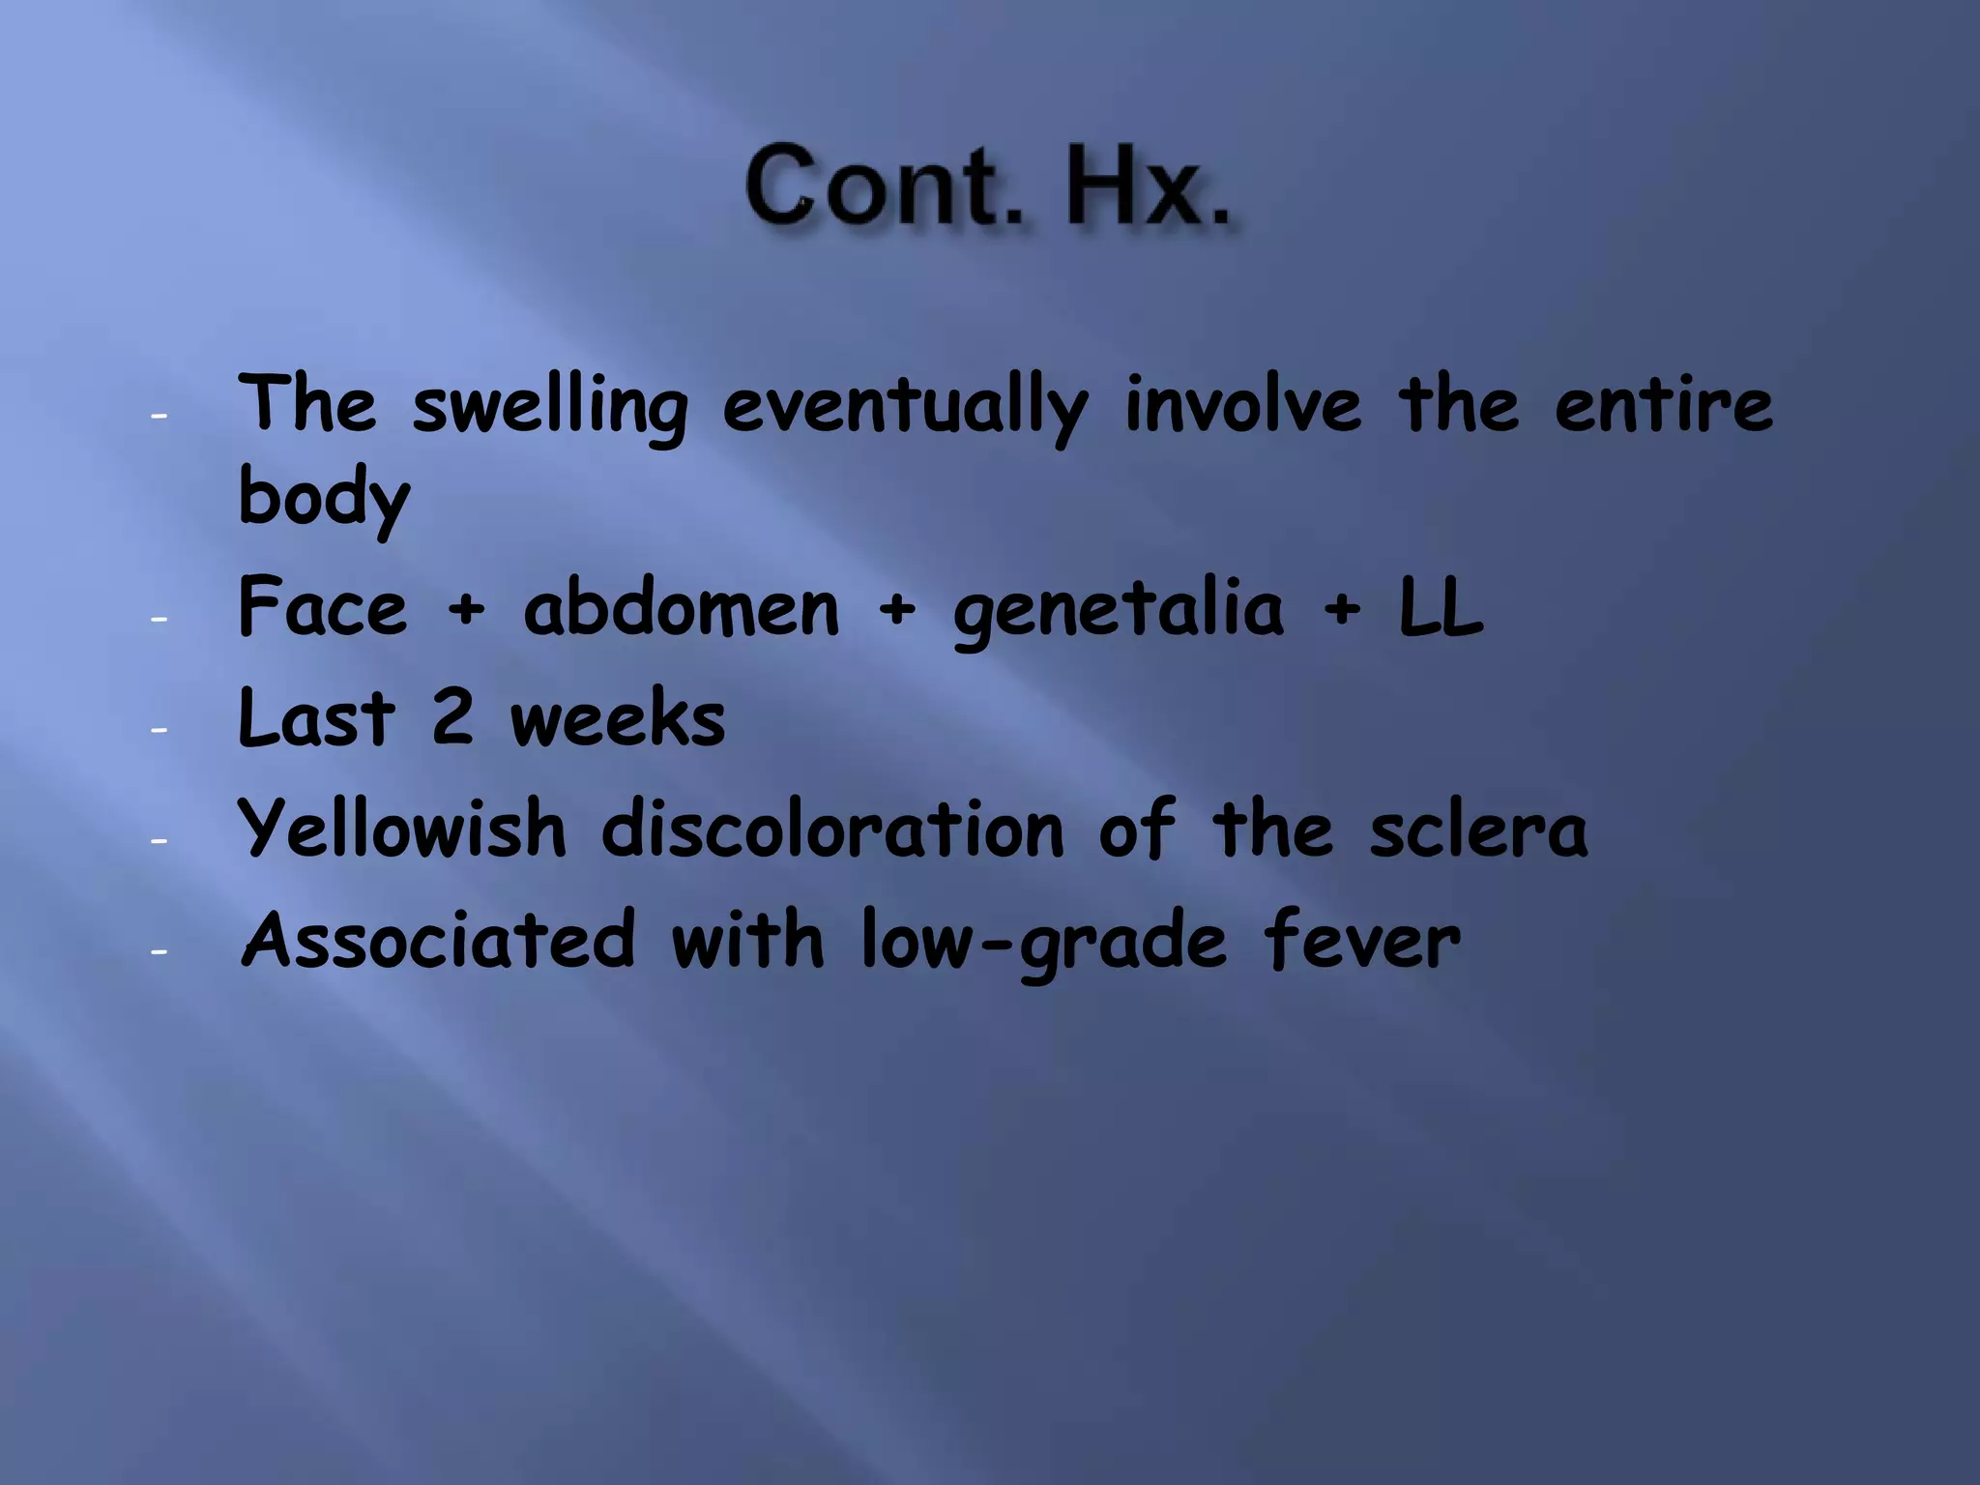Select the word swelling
click(x=550, y=406)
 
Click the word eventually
click(x=906, y=406)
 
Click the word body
click(x=324, y=497)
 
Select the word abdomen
click(x=682, y=609)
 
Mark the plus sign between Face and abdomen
click(x=466, y=610)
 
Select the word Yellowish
click(x=402, y=830)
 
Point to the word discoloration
click(x=832, y=830)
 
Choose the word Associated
click(x=439, y=940)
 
